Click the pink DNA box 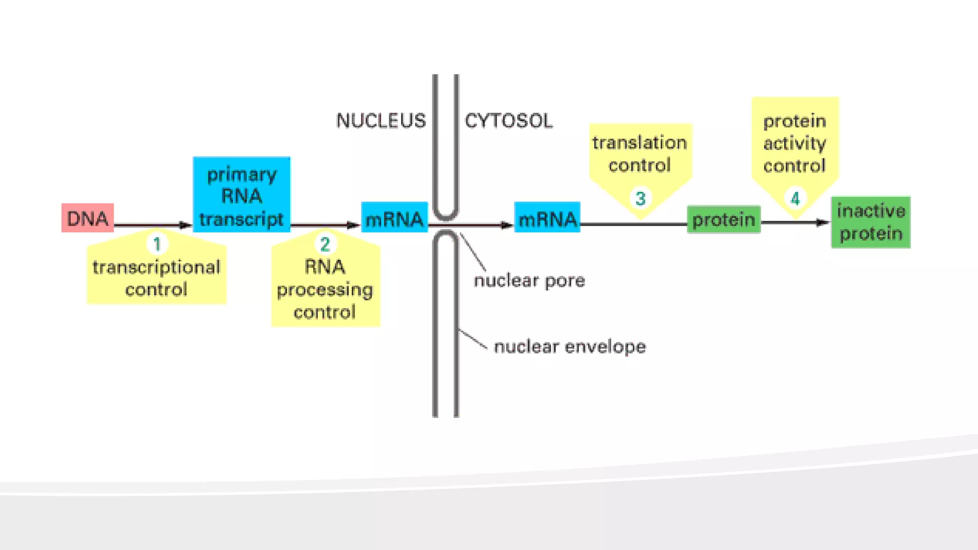pos(87,218)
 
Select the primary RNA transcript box pos(241,195)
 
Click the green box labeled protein pos(723,220)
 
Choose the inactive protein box pos(871,222)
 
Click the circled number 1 pos(157,244)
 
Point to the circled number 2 pos(325,244)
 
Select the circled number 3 pos(640,198)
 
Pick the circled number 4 pos(795,198)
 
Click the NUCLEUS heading pos(381,121)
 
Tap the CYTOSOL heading pos(509,121)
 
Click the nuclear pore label pos(529,281)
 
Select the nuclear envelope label pos(569,347)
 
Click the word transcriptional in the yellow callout pos(156,267)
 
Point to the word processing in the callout pos(325,290)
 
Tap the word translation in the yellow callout pos(639,143)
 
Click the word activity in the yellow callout pos(795,143)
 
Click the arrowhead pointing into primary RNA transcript pos(185,225)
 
